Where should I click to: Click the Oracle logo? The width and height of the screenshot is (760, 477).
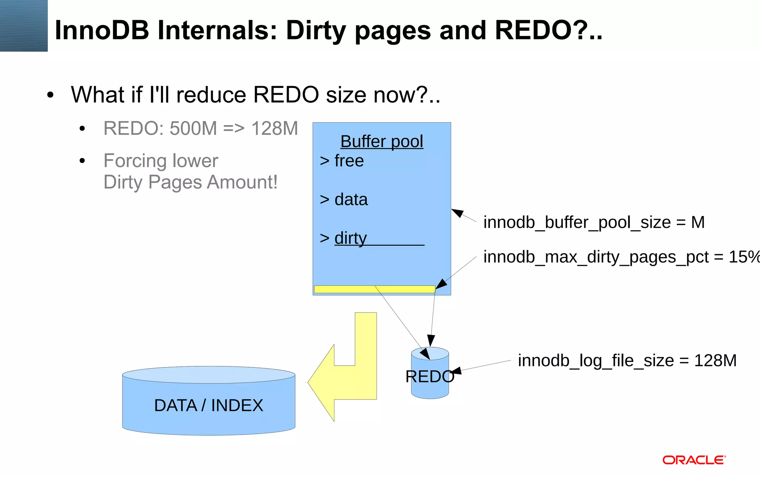pyautogui.click(x=694, y=460)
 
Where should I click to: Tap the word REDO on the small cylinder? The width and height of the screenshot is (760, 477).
pyautogui.click(x=430, y=377)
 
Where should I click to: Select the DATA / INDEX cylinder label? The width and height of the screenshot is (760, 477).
pyautogui.click(x=209, y=405)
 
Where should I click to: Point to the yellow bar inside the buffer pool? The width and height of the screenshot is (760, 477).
pyautogui.click(x=374, y=289)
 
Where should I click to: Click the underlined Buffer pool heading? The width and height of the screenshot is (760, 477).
pyautogui.click(x=381, y=141)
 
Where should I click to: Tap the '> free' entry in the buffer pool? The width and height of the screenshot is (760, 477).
pyautogui.click(x=342, y=161)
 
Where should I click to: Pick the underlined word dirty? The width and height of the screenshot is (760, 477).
pyautogui.click(x=350, y=238)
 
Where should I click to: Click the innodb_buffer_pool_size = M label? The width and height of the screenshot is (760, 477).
pyautogui.click(x=594, y=222)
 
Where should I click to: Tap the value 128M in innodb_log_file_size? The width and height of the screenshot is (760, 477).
pyautogui.click(x=715, y=360)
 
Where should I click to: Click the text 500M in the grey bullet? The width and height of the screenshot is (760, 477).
pyautogui.click(x=193, y=129)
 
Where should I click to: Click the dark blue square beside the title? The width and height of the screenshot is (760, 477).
pyautogui.click(x=24, y=26)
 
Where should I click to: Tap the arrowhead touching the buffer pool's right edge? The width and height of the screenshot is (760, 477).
pyautogui.click(x=458, y=213)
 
